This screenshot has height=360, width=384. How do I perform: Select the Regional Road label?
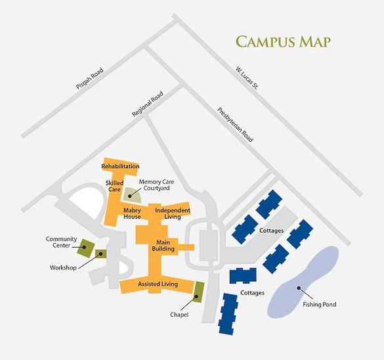[147, 104]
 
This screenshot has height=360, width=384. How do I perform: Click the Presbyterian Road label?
[234, 125]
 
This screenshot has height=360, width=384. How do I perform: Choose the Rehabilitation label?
[121, 167]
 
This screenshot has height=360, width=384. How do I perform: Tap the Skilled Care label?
[114, 186]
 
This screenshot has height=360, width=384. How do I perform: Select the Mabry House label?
[132, 214]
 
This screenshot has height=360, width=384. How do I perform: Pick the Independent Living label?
[173, 214]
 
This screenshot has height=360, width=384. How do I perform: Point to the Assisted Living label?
[158, 284]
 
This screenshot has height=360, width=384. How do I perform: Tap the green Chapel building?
[199, 290]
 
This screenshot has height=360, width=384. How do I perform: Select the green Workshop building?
[101, 254]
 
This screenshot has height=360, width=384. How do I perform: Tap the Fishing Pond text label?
[320, 305]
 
